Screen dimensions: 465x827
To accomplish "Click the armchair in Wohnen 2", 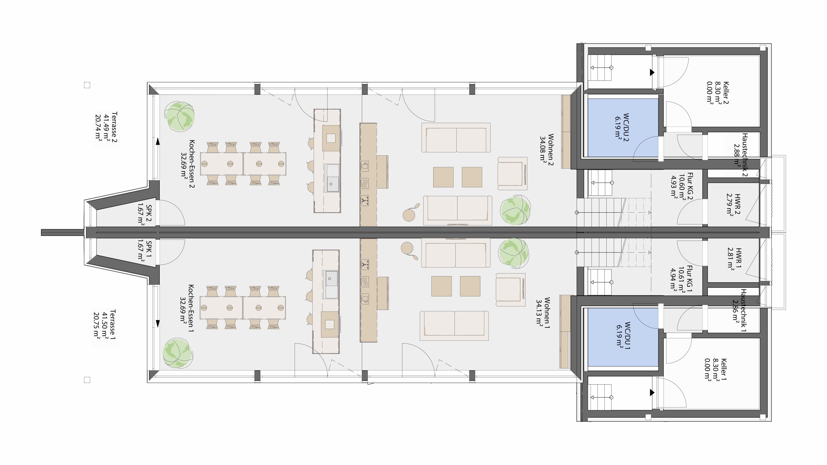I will coord(512,173).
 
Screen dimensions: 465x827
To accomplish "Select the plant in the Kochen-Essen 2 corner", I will coord(180,116).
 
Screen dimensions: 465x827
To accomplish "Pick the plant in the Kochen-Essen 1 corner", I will coord(178,353).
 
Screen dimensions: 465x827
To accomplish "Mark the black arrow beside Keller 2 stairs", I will coord(652,72).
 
